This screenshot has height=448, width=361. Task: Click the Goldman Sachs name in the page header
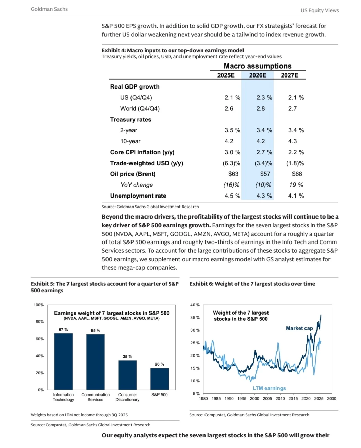[49, 9]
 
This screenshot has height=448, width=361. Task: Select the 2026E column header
[258, 75]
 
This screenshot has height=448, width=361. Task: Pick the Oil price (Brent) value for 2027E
[297, 174]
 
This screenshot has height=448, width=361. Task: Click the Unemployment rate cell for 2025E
[232, 196]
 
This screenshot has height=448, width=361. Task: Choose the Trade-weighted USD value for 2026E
[263, 163]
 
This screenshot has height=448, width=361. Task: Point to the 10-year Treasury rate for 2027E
[292, 141]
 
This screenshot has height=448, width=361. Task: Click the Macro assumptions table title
[258, 66]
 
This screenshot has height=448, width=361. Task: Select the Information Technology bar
[63, 361]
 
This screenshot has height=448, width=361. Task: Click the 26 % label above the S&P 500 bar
[159, 364]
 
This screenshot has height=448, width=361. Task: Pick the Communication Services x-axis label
[96, 397]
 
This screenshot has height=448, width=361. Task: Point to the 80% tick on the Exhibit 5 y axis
[39, 322]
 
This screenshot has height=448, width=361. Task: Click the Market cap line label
[299, 328]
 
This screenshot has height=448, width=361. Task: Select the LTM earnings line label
[269, 388]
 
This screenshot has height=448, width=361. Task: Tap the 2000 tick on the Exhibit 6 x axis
[254, 399]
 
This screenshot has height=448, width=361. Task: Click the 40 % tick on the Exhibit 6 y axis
[195, 305]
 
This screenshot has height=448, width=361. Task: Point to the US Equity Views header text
[320, 10]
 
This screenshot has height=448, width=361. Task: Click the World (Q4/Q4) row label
[140, 108]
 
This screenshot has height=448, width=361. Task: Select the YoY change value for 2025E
[231, 185]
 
